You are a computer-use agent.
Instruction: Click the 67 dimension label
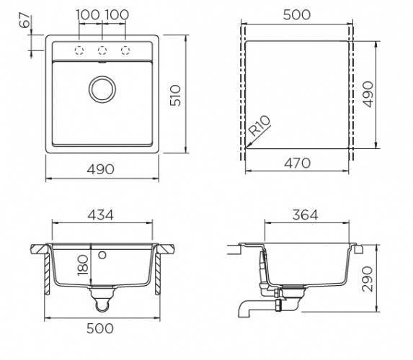pyautogui.click(x=25, y=19)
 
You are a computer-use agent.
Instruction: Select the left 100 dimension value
pyautogui.click(x=88, y=14)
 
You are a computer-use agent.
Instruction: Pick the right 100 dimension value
pyautogui.click(x=117, y=14)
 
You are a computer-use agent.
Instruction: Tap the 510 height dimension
pyautogui.click(x=175, y=95)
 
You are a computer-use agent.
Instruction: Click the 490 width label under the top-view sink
pyautogui.click(x=101, y=169)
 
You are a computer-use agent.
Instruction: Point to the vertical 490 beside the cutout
pyautogui.click(x=368, y=94)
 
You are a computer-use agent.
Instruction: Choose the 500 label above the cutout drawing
pyautogui.click(x=297, y=14)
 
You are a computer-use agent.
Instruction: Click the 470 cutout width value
pyautogui.click(x=298, y=163)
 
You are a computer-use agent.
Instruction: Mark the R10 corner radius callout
pyautogui.click(x=260, y=125)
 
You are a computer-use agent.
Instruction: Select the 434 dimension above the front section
pyautogui.click(x=101, y=215)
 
